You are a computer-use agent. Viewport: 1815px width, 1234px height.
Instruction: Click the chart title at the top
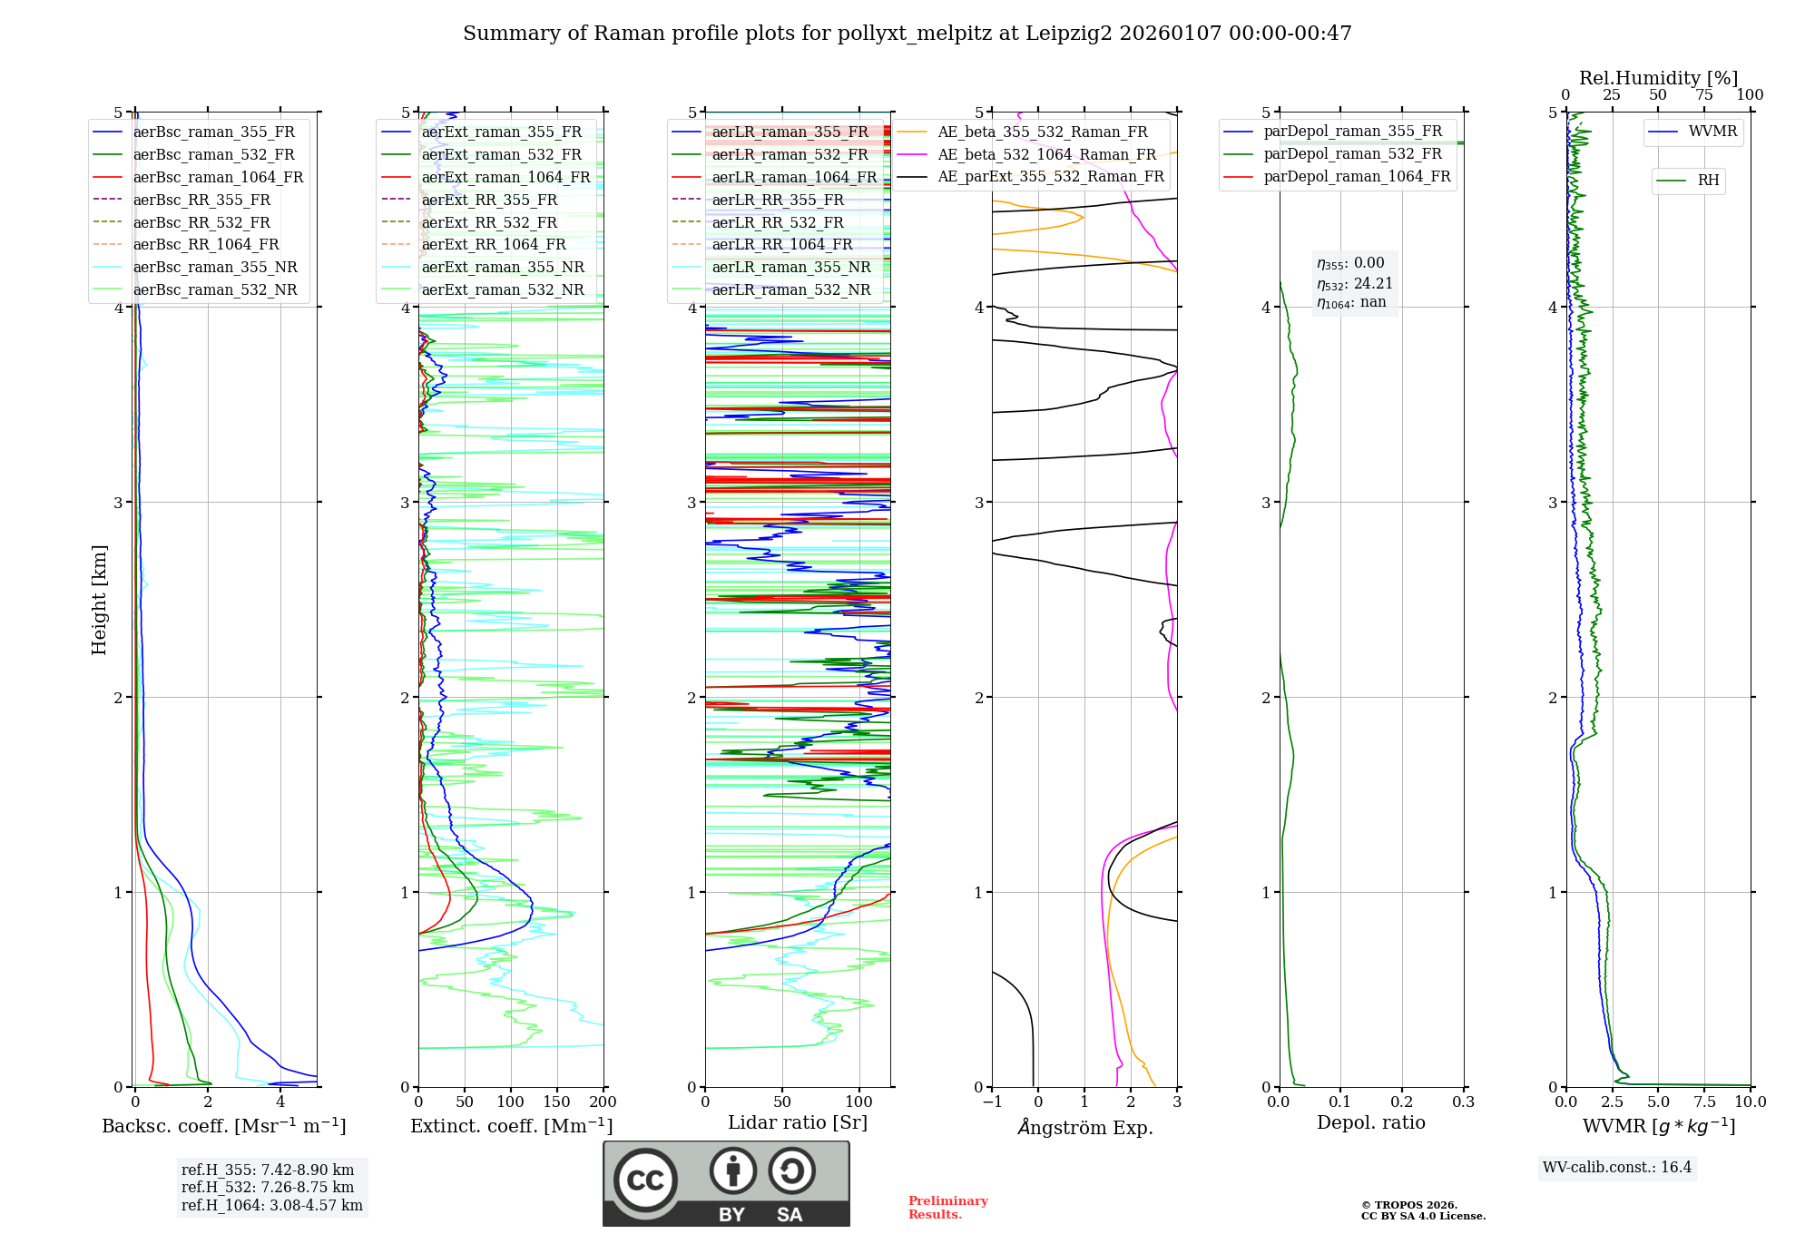tap(907, 34)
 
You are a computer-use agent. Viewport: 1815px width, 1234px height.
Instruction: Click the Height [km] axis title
tap(99, 600)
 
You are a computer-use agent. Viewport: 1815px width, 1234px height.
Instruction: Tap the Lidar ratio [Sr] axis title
tap(798, 1123)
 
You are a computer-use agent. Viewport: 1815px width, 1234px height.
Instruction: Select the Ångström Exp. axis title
tap(1084, 1127)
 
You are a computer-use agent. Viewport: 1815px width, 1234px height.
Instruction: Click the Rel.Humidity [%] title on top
tap(1658, 78)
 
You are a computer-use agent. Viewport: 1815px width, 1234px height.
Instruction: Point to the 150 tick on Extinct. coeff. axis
tap(556, 1102)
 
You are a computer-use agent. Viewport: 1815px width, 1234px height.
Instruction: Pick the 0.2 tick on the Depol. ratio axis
tap(1402, 1102)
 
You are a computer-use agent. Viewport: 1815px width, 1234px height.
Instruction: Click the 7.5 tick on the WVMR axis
tap(1704, 1102)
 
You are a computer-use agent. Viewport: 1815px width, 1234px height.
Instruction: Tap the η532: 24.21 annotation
tap(1354, 284)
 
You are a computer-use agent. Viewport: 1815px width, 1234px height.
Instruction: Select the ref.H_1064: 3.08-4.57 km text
tap(271, 1206)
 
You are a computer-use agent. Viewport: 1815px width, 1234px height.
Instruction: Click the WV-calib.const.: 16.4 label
tap(1617, 1168)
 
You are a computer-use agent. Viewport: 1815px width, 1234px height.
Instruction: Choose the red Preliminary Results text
tap(947, 1208)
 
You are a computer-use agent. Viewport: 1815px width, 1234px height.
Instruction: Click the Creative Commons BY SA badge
tap(726, 1183)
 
